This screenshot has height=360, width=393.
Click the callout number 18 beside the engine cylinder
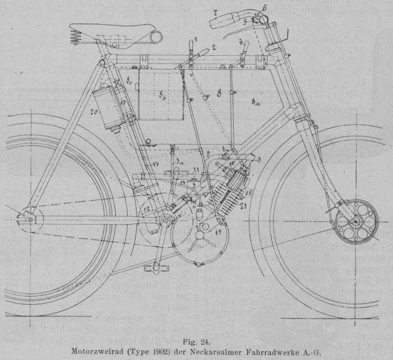[248, 192]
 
